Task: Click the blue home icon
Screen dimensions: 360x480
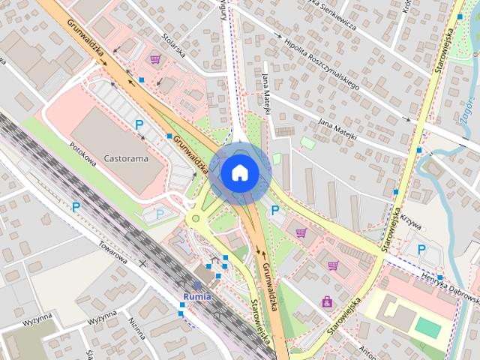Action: (x=239, y=172)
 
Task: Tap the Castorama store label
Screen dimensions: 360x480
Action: (x=125, y=159)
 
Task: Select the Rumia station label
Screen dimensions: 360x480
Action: (x=196, y=295)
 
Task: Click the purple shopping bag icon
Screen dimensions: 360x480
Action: (x=327, y=301)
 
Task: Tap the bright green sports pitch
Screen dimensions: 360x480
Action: (x=429, y=328)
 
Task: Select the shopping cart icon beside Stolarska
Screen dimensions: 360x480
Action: (x=155, y=59)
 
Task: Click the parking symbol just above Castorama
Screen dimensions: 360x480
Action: (x=139, y=124)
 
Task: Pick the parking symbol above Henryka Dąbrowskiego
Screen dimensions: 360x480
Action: (x=421, y=249)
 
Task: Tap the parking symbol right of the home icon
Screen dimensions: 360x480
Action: (x=275, y=211)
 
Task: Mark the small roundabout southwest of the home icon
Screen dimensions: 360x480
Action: (x=197, y=219)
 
